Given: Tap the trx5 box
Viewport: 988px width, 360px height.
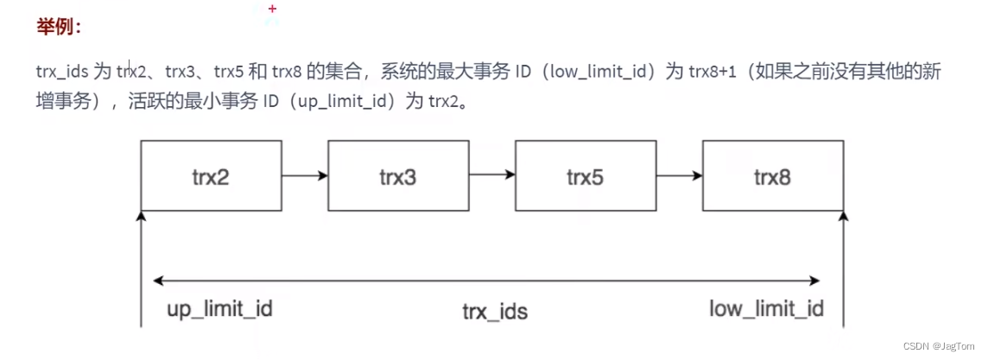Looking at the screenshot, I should [x=585, y=176].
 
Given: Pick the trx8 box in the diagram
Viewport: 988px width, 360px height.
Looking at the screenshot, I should [x=772, y=176].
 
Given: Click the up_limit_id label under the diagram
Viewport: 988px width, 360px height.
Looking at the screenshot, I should [x=218, y=308].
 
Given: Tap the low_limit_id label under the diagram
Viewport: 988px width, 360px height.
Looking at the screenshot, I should [x=766, y=308].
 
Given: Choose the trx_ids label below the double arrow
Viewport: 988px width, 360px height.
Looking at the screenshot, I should [x=493, y=312].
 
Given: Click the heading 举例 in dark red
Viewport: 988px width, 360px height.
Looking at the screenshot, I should [x=59, y=28].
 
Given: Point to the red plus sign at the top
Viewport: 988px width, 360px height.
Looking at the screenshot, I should [x=273, y=9].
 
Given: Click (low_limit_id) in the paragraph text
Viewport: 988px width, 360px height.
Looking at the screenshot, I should [x=597, y=72].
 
